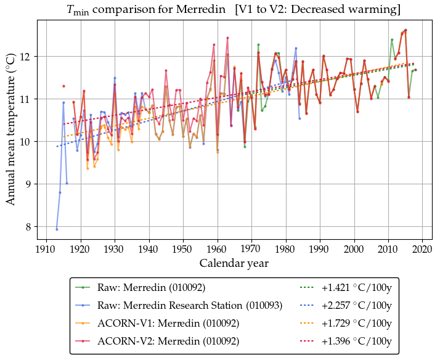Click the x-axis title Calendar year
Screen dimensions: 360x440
(x=234, y=263)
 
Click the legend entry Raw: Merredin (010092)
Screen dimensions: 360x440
(x=152, y=287)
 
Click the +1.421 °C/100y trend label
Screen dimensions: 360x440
(x=357, y=287)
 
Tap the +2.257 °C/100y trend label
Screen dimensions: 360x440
(x=357, y=305)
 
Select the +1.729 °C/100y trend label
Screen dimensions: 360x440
(x=357, y=323)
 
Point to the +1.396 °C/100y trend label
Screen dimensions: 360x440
(x=357, y=341)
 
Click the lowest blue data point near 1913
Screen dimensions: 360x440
(x=57, y=229)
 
